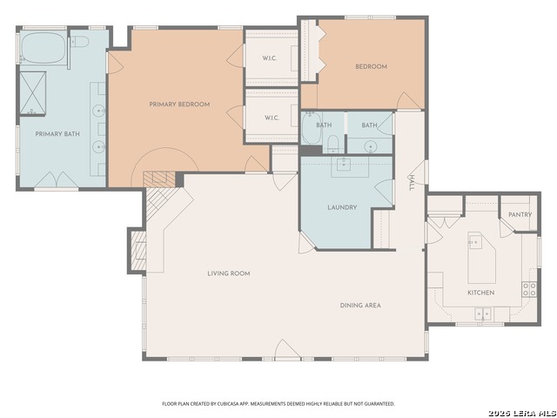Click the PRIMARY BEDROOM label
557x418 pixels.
point(179,104)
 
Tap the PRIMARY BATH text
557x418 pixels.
point(57,134)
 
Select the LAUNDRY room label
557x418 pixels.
point(342,207)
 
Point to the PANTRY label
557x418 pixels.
point(520,215)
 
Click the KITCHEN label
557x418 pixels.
point(481,293)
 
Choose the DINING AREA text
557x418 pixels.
point(360,306)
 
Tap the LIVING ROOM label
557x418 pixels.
point(229,273)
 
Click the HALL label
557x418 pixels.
point(412,183)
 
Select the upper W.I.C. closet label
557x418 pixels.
point(270,58)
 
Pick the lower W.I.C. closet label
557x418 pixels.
point(272,118)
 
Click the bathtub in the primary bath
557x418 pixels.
point(44,48)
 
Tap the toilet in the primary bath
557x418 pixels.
point(79,42)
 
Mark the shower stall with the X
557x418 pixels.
point(33,93)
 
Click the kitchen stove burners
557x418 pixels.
point(529,289)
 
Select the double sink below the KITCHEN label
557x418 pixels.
point(483,313)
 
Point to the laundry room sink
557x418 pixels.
point(343,165)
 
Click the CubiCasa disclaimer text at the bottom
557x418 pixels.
point(278,404)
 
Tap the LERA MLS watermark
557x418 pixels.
point(522,413)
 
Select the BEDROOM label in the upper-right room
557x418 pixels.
point(372,66)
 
